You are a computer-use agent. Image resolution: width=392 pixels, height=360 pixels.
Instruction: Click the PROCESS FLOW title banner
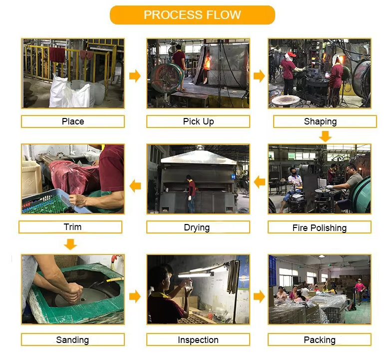click(192, 15)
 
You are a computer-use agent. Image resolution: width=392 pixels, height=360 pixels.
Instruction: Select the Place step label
click(73, 121)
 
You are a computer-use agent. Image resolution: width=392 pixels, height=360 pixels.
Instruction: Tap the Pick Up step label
click(198, 121)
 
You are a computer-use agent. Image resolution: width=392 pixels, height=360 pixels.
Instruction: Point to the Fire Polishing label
click(320, 227)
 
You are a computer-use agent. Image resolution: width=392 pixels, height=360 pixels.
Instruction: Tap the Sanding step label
click(73, 339)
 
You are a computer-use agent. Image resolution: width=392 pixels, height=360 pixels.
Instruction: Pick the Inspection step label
click(198, 339)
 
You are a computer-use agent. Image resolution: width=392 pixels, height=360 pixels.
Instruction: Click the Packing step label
click(320, 339)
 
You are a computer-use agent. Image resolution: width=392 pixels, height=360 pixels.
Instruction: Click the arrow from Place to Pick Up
click(135, 76)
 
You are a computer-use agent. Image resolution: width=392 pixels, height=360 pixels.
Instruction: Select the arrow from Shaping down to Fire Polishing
click(325, 136)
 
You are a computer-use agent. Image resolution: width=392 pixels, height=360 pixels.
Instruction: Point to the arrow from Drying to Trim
click(135, 186)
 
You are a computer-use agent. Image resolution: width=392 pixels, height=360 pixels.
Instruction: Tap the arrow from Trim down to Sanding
click(70, 244)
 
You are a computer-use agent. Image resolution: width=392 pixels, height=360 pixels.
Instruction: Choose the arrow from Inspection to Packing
click(259, 296)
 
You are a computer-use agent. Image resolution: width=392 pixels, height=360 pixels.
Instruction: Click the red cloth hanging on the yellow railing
click(57, 55)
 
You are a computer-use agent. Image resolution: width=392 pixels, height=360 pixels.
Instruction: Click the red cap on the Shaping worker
click(291, 54)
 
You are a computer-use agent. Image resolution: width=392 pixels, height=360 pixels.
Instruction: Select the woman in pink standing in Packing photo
click(359, 291)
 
